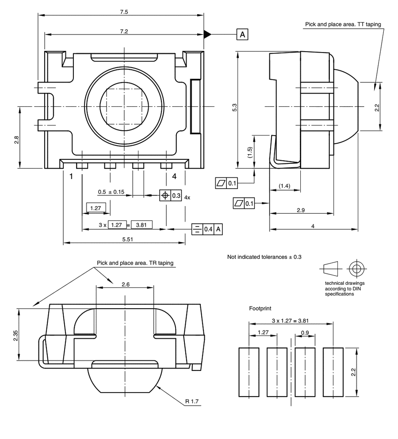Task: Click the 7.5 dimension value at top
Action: pos(124,12)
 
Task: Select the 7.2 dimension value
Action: pos(124,31)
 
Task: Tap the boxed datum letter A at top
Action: pos(243,34)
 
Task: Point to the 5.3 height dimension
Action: pos(234,108)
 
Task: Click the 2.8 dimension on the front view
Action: pos(16,139)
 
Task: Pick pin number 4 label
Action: pos(174,176)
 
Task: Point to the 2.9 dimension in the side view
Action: pos(301,210)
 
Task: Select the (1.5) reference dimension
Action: pos(250,153)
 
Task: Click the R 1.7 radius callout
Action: pos(192,401)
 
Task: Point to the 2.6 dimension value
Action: pos(125,284)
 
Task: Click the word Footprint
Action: pos(260,308)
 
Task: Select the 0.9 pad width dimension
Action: pos(305,332)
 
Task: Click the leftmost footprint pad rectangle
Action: pos(249,372)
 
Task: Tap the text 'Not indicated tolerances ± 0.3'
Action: pos(264,257)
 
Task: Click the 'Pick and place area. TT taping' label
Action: pos(343,25)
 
